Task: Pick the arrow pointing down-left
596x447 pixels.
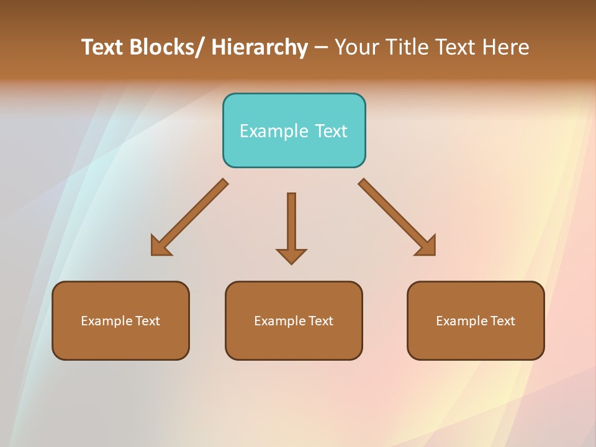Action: coord(189,217)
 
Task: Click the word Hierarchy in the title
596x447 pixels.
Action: coord(260,47)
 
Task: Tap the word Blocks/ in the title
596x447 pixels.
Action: coord(167,47)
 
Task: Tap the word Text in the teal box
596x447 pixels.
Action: coord(332,131)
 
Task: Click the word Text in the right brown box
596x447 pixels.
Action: coord(502,321)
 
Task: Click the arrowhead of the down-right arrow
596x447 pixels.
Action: coord(427,246)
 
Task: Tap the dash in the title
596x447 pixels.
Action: coord(321,47)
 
